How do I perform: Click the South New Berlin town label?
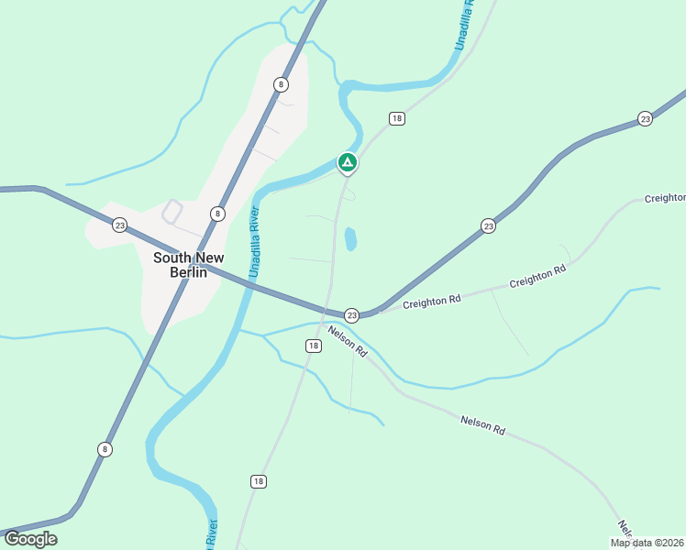[x=188, y=265]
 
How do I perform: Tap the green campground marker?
[x=348, y=163]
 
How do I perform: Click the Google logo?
[x=30, y=539]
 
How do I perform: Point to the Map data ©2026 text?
[x=647, y=543]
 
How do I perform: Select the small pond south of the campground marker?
[x=350, y=239]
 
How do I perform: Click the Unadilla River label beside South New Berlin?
[x=255, y=242]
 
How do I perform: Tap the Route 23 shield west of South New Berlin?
[x=119, y=225]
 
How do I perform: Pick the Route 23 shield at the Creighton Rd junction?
[x=351, y=314]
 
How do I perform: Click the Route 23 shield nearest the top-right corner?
[x=645, y=119]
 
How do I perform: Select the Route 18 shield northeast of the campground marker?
[x=396, y=118]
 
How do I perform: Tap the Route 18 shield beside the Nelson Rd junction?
[x=314, y=346]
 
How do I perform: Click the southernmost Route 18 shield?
[x=259, y=481]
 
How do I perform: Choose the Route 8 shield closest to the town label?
[x=216, y=214]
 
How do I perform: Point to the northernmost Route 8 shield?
[x=281, y=84]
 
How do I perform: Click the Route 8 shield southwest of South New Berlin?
[x=105, y=448]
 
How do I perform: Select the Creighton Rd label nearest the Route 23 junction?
[x=430, y=302]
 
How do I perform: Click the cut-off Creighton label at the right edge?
[x=665, y=198]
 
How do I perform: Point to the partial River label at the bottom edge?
[x=212, y=535]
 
